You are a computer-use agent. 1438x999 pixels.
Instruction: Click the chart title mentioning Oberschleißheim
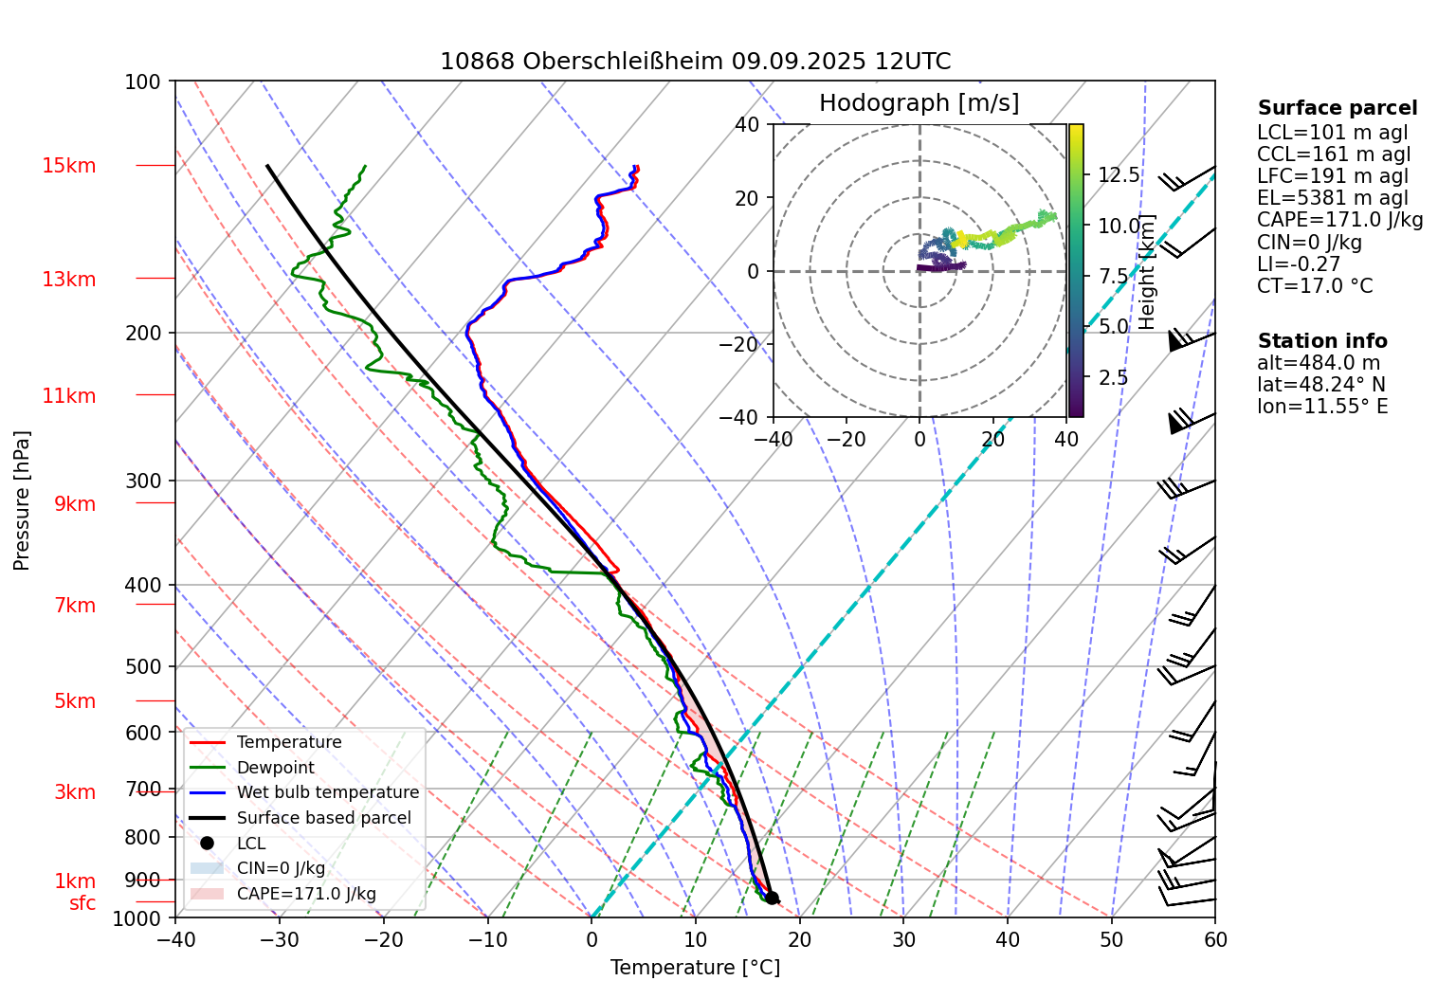click(695, 62)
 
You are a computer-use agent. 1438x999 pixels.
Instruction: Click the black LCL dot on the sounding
click(772, 898)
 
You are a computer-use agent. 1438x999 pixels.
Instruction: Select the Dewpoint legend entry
click(275, 768)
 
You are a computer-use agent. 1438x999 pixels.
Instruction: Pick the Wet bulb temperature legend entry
click(327, 792)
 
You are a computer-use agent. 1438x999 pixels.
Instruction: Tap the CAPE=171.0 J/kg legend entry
click(305, 894)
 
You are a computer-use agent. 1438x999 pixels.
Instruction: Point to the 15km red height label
click(69, 166)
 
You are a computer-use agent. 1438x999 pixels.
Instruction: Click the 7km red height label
click(75, 606)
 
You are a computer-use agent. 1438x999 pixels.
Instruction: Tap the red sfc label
click(82, 903)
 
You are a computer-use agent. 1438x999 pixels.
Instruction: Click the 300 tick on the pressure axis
click(143, 481)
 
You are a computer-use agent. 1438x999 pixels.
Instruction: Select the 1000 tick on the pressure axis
click(138, 918)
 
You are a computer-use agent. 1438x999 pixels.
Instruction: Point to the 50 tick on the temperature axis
click(1111, 940)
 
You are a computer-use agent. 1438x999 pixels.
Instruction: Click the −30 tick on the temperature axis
click(280, 940)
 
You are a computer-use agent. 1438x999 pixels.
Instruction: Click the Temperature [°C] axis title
click(695, 968)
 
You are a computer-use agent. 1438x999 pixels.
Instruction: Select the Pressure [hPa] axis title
click(22, 500)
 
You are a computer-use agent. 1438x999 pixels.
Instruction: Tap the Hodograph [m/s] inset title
click(919, 103)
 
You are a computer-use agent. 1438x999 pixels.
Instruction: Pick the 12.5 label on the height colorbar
click(1119, 174)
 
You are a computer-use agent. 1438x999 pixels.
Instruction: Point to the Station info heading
click(1321, 341)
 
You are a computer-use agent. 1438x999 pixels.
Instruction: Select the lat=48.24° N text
click(1320, 385)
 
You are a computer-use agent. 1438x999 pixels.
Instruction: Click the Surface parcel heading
click(1337, 108)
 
